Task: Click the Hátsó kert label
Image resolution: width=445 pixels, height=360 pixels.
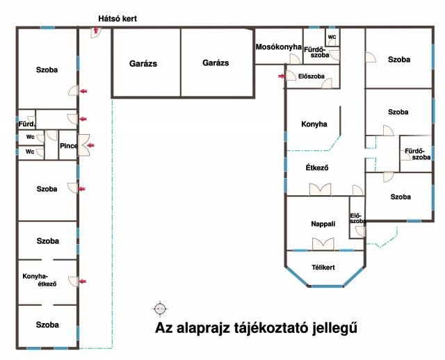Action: [118, 19]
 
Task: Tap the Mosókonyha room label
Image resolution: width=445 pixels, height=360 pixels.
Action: [278, 47]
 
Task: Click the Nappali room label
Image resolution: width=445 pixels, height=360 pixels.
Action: [323, 224]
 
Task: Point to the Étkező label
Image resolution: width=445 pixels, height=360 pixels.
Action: [316, 167]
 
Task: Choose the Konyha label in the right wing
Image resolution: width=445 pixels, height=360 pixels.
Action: [314, 125]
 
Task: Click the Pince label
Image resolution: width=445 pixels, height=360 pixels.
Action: [68, 145]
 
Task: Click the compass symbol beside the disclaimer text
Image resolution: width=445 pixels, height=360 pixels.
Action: [160, 308]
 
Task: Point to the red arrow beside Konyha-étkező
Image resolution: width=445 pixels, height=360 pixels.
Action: [83, 281]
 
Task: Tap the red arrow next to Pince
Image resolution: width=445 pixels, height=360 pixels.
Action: [90, 145]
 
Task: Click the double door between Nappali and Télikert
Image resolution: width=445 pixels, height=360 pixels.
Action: [323, 243]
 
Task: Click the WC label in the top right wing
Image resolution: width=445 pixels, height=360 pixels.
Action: [332, 36]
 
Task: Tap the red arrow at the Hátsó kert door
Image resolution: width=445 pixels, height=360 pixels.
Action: [94, 31]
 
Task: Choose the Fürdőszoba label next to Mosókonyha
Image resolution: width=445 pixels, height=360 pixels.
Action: [321, 52]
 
